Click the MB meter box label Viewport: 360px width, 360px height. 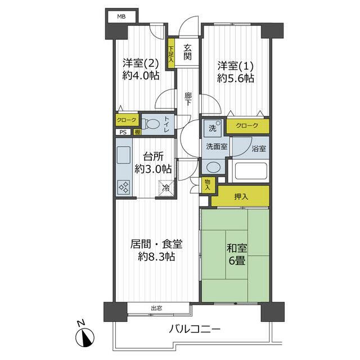click(x=121, y=16)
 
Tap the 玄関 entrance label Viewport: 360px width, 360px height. click(x=187, y=52)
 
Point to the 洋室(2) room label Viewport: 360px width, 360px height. click(x=137, y=64)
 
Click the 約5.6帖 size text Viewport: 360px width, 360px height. click(x=235, y=78)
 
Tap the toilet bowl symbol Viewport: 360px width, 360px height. click(x=151, y=123)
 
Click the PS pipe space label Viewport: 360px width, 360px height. click(x=122, y=133)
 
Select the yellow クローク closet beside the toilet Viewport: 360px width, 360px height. click(x=127, y=120)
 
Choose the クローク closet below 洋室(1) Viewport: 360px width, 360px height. click(x=247, y=126)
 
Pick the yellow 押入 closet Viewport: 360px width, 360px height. click(x=241, y=196)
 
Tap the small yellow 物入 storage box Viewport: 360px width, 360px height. click(x=207, y=184)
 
